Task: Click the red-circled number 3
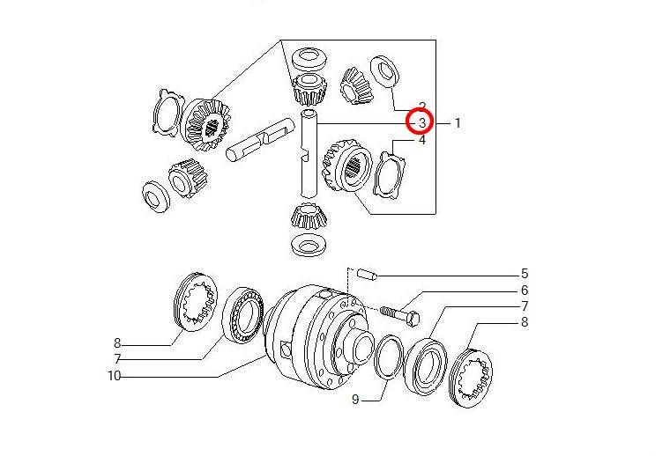(x=422, y=122)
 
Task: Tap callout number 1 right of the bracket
(x=458, y=123)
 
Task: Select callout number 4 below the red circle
(x=422, y=140)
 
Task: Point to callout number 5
(x=525, y=274)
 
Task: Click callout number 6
(x=525, y=291)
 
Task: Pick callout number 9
(x=355, y=400)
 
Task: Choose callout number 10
(x=114, y=376)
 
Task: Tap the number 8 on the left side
(x=117, y=343)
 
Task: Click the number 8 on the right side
(x=525, y=322)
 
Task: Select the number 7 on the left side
(x=117, y=359)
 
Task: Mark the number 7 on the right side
(x=525, y=306)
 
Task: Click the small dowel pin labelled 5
(x=367, y=274)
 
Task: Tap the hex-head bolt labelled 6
(x=400, y=315)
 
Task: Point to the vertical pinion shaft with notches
(x=308, y=153)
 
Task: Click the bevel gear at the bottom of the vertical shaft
(x=309, y=217)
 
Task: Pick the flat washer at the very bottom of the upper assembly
(x=309, y=246)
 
